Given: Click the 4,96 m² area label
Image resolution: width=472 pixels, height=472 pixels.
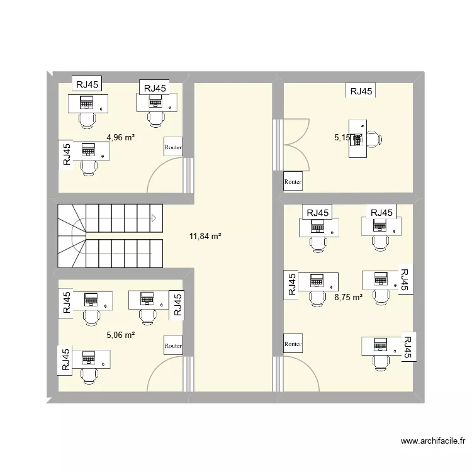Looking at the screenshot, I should tap(121, 137).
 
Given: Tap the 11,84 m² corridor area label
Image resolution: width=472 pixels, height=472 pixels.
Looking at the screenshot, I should tap(205, 237).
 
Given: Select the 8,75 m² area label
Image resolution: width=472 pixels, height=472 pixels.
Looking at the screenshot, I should tap(349, 297).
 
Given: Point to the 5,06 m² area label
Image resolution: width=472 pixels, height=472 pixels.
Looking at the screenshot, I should tap(121, 335).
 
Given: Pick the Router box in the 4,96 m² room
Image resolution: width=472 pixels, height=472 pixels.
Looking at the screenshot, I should tap(173, 148).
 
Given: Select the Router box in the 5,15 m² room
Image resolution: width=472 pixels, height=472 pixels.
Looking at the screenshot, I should tap(293, 181).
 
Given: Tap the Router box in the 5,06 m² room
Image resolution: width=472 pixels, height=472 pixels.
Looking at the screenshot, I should tap(173, 345).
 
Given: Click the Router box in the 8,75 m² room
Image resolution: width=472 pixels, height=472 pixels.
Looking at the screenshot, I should tap(293, 344).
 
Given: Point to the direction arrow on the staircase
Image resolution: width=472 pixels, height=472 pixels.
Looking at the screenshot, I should tap(153, 219).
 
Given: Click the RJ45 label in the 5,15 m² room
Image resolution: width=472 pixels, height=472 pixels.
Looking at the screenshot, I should tap(361, 91).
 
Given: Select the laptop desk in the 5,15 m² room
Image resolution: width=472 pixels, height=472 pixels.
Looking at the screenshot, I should tap(358, 139).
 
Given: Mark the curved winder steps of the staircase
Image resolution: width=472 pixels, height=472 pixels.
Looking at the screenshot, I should tap(70, 238).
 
